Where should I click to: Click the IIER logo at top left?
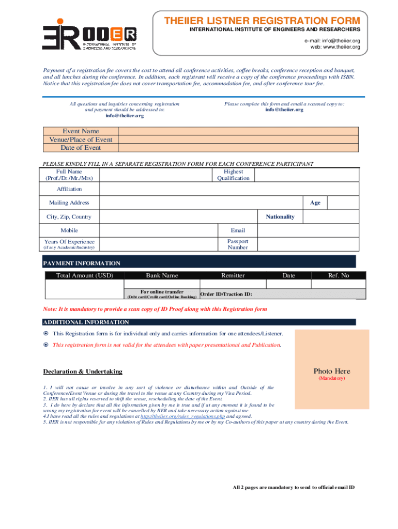89,35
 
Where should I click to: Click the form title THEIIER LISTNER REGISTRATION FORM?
262,21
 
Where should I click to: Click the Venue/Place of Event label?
81,139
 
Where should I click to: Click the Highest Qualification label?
233,175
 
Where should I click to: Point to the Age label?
315,203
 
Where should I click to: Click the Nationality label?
280,216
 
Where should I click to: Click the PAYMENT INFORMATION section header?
82,263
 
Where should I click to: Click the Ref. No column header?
339,275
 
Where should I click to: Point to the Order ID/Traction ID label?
226,294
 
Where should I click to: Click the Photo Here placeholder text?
331,371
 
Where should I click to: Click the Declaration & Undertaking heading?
83,371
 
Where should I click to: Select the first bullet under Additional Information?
45,333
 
